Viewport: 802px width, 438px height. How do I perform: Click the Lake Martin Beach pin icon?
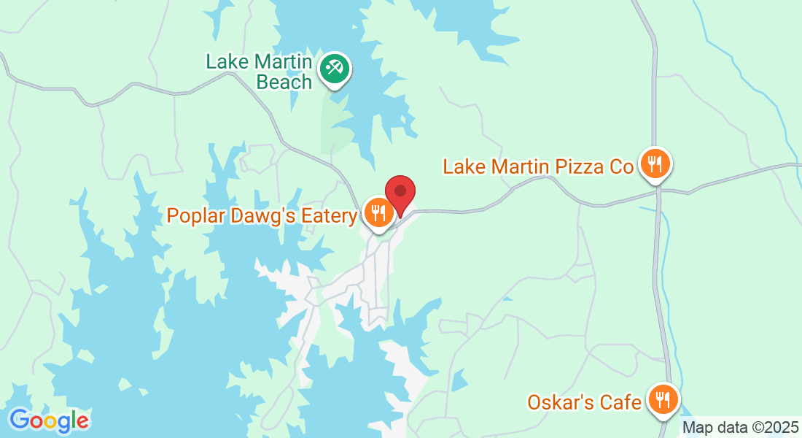tap(335, 69)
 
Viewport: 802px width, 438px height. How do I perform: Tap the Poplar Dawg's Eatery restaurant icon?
tap(378, 213)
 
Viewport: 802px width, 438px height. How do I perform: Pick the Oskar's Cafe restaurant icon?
tap(663, 399)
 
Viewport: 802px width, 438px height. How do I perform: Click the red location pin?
tap(400, 193)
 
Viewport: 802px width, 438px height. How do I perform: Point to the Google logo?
tap(49, 420)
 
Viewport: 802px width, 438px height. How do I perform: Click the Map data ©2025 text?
tap(739, 427)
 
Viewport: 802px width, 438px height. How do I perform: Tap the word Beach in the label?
tap(284, 82)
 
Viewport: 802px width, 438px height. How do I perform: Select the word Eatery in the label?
tap(332, 215)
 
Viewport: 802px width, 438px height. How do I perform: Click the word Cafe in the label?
tap(621, 401)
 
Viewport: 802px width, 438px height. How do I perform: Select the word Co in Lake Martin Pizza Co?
tap(622, 167)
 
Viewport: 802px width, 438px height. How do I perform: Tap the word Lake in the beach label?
tap(225, 61)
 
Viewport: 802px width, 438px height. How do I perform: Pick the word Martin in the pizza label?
tap(520, 167)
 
